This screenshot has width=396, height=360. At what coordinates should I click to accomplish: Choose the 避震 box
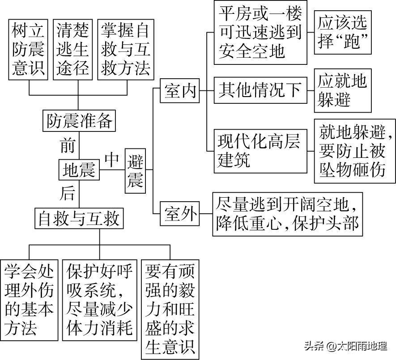(x=135, y=170)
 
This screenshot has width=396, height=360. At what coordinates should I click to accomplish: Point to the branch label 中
(x=112, y=159)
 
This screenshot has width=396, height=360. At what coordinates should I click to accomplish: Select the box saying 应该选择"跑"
(x=343, y=33)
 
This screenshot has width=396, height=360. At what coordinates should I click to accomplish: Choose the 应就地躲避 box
(x=343, y=91)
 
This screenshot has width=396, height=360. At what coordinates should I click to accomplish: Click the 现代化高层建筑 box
(x=260, y=151)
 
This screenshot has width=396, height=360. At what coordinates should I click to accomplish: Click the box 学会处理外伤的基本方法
(x=29, y=300)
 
